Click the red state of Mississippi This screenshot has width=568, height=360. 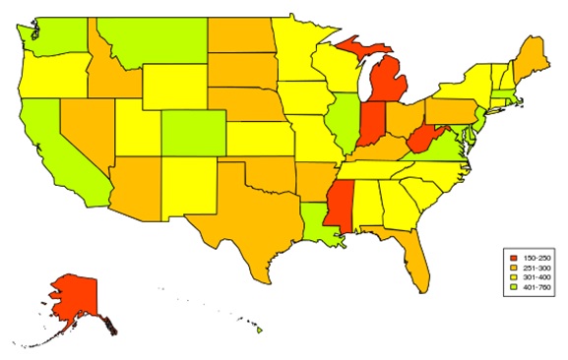click(x=338, y=202)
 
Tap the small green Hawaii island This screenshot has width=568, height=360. click(x=260, y=330)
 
